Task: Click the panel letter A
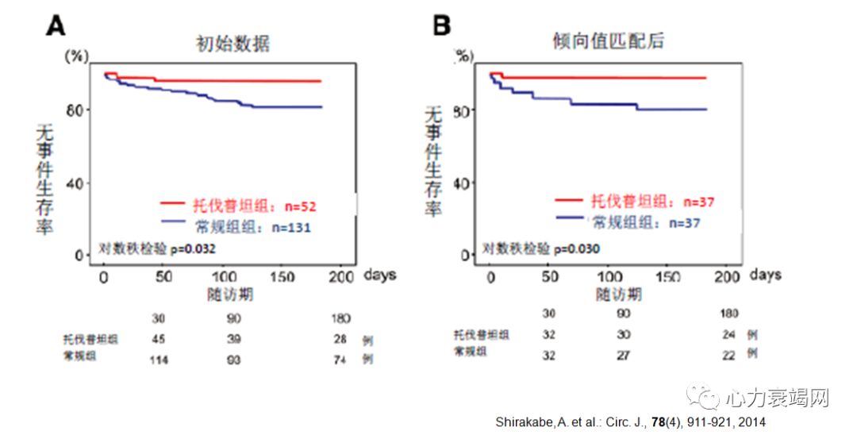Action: pos(56,25)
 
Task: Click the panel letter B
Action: pos(442,25)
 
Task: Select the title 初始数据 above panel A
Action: pos(233,43)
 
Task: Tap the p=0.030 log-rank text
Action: pos(577,248)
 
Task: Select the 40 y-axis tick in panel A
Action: pos(79,183)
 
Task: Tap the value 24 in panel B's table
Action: pos(728,334)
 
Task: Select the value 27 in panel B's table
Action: pos(624,354)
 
